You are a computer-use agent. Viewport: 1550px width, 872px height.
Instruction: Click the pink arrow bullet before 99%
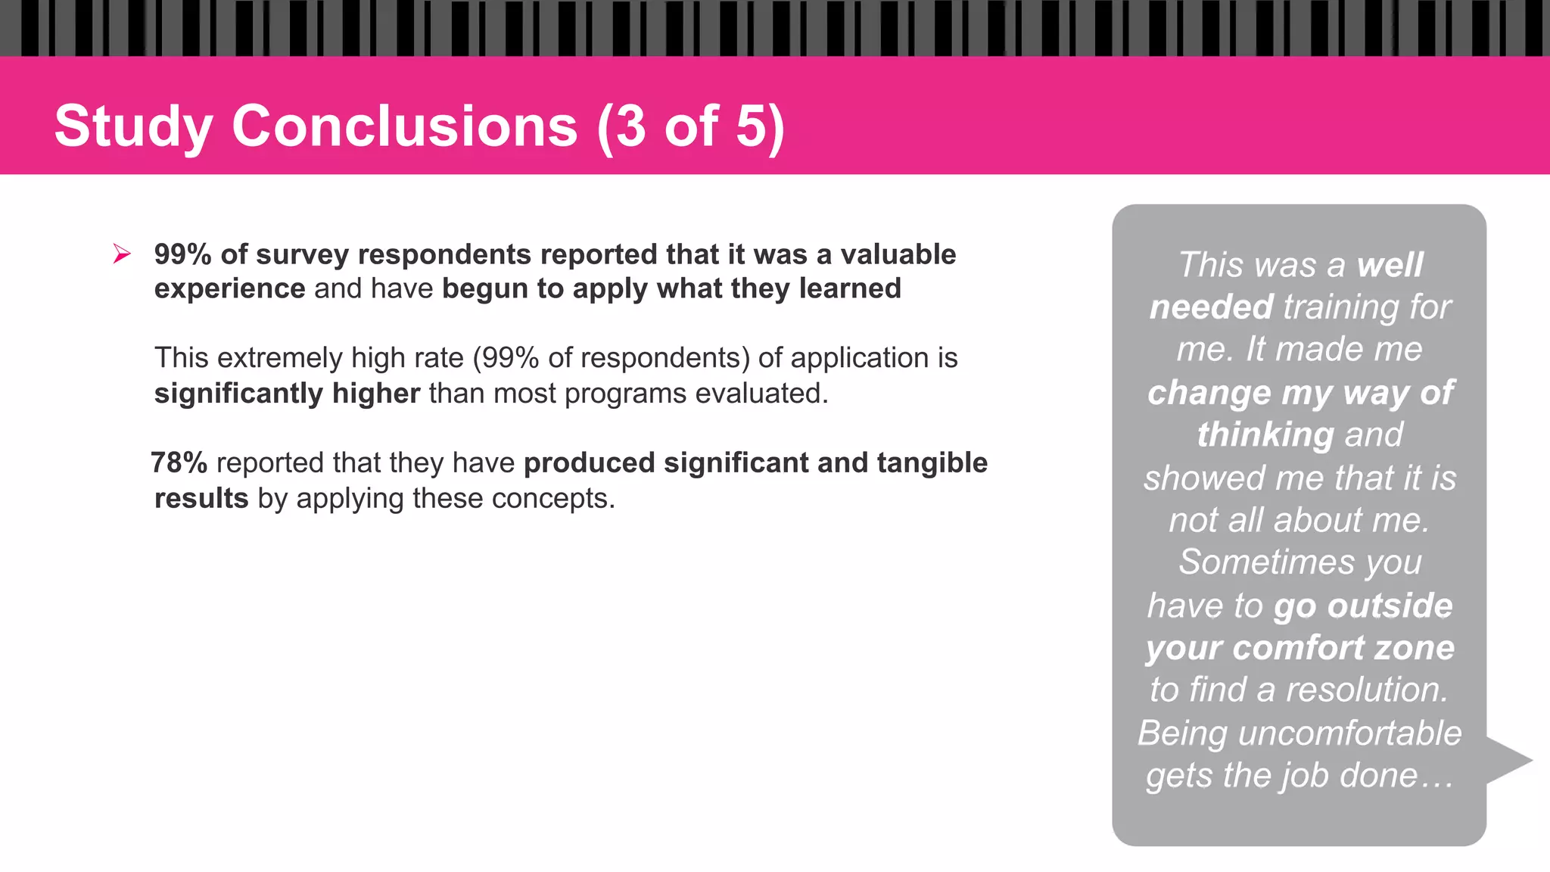[x=122, y=254]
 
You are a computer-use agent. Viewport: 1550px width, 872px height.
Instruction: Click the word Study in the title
[x=133, y=126]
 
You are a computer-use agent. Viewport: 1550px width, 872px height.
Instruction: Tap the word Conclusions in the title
[x=405, y=126]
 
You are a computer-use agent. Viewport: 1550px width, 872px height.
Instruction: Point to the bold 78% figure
[x=179, y=462]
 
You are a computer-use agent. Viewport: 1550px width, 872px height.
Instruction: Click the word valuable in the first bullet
[x=898, y=254]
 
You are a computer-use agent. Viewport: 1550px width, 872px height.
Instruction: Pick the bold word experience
[x=229, y=289]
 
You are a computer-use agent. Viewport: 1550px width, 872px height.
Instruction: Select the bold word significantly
[x=238, y=394]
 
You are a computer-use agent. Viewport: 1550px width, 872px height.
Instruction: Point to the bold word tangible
[x=932, y=462]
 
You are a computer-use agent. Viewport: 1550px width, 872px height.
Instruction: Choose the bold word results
[x=201, y=498]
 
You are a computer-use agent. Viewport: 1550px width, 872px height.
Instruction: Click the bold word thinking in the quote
[x=1265, y=435]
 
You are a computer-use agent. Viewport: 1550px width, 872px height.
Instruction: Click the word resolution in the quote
[x=1367, y=690]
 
